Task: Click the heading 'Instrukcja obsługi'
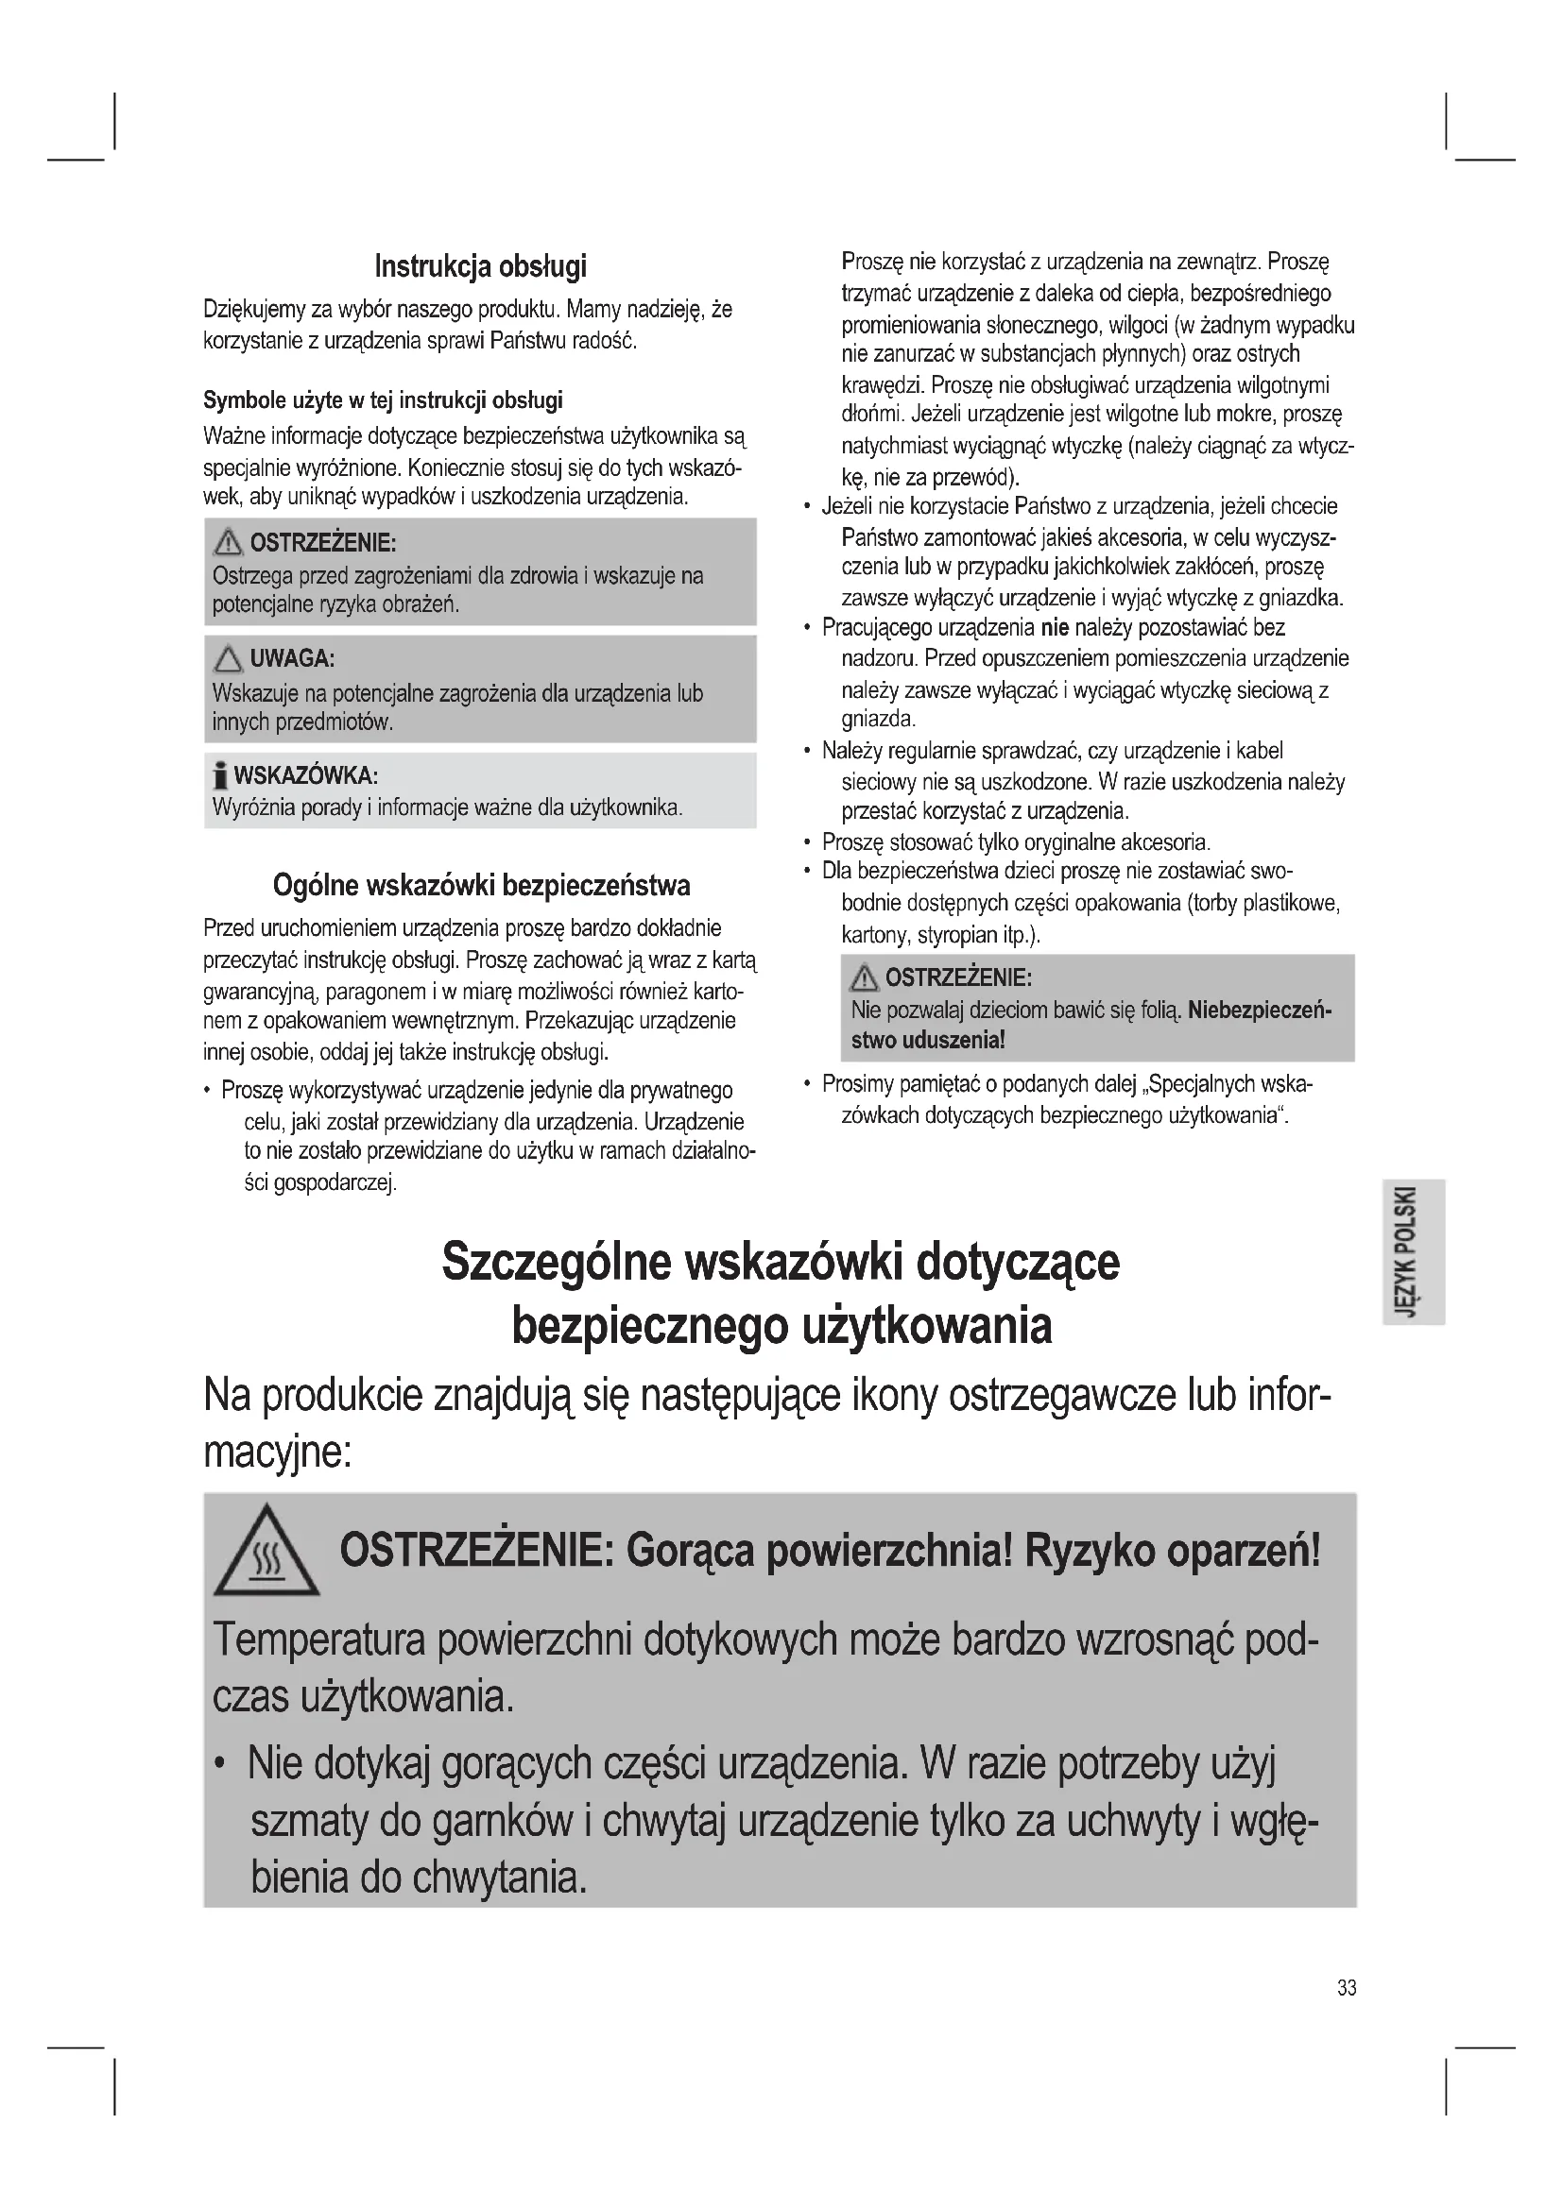(480, 265)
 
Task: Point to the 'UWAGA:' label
(292, 659)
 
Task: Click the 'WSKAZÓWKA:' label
(305, 775)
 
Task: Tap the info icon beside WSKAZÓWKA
(220, 774)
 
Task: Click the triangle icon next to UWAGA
(227, 659)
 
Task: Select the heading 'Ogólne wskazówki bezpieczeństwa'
(481, 884)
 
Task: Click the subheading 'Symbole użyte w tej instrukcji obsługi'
(382, 400)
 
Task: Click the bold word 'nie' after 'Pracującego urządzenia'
(1055, 628)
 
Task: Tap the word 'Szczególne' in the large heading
(556, 1262)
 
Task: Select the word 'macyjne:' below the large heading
(277, 1451)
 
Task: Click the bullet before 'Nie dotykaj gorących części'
(220, 1763)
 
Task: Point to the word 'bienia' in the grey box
(299, 1878)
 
